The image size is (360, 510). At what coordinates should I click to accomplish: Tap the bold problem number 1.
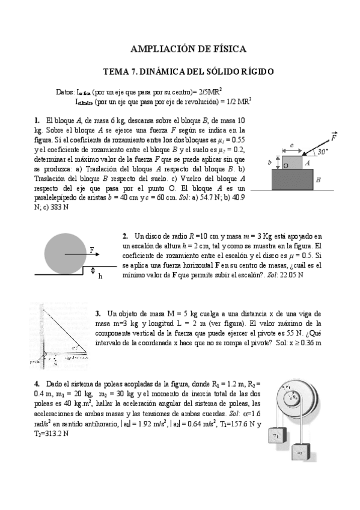[37, 120]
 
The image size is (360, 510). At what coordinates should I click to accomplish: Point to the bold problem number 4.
[37, 384]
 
